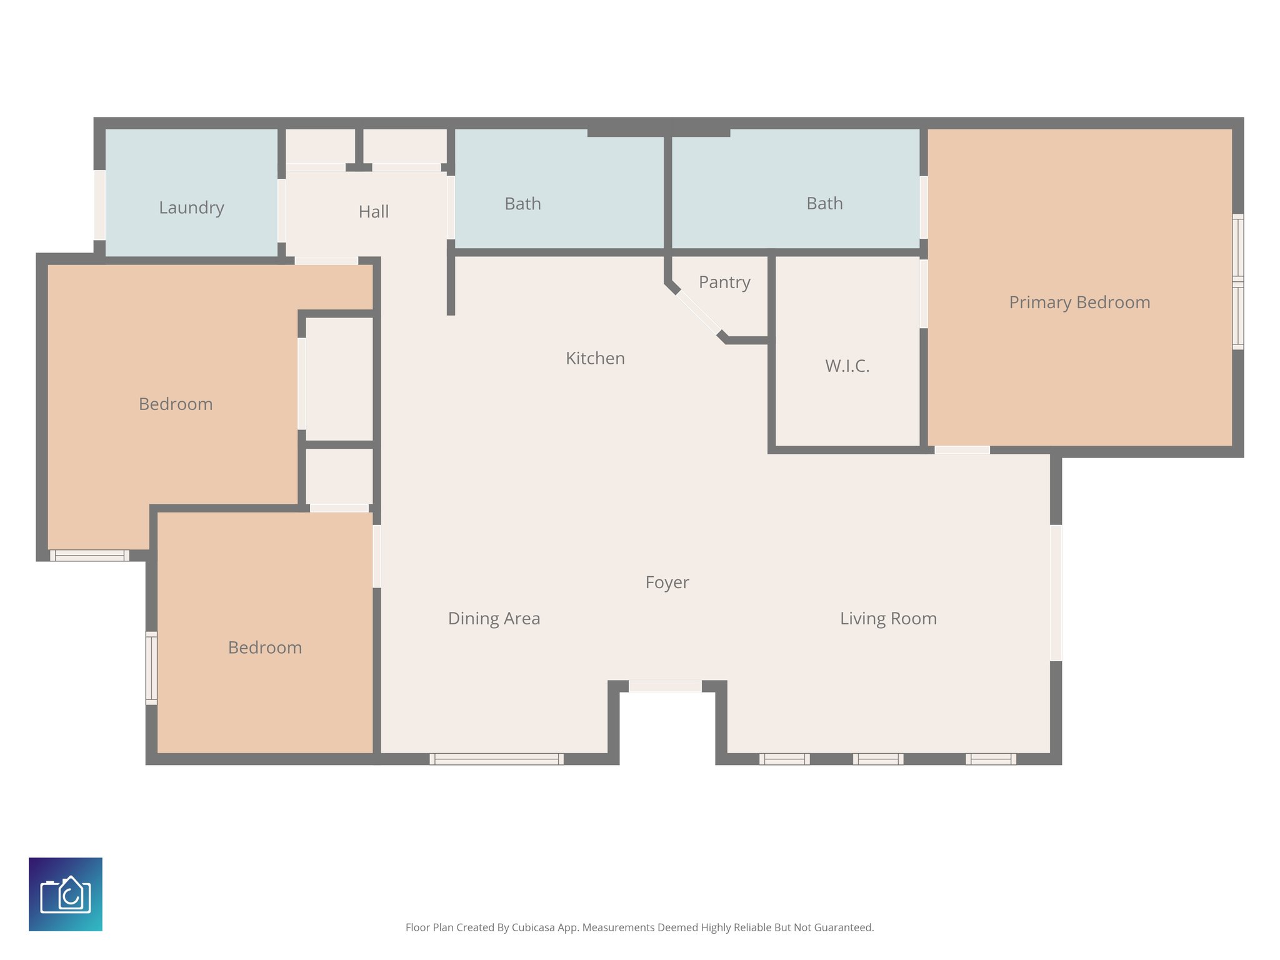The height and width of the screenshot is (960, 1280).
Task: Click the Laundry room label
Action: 191,207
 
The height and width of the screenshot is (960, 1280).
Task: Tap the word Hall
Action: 374,212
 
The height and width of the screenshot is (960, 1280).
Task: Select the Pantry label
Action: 724,282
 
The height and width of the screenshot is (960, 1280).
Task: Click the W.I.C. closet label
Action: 847,366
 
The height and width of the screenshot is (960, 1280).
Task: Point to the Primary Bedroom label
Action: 1079,302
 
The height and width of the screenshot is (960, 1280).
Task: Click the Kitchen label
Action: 595,359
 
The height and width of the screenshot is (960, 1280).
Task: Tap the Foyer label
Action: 667,582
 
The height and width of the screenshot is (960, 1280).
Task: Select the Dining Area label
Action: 494,619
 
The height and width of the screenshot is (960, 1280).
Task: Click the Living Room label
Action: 888,619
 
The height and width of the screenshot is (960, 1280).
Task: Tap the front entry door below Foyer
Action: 665,686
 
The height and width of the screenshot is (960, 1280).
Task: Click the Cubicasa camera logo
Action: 66,894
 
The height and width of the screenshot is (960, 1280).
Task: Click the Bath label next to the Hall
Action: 522,204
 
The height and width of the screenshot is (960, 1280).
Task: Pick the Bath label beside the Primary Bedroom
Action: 824,204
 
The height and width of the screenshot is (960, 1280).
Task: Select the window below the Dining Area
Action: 496,759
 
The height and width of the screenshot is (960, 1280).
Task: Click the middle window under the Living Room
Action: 877,759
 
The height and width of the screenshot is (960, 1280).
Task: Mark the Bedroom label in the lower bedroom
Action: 265,647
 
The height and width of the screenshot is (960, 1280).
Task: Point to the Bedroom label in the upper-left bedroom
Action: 176,404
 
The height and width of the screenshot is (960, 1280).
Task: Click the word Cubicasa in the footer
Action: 534,927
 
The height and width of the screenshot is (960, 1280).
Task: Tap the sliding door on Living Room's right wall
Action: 1056,592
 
